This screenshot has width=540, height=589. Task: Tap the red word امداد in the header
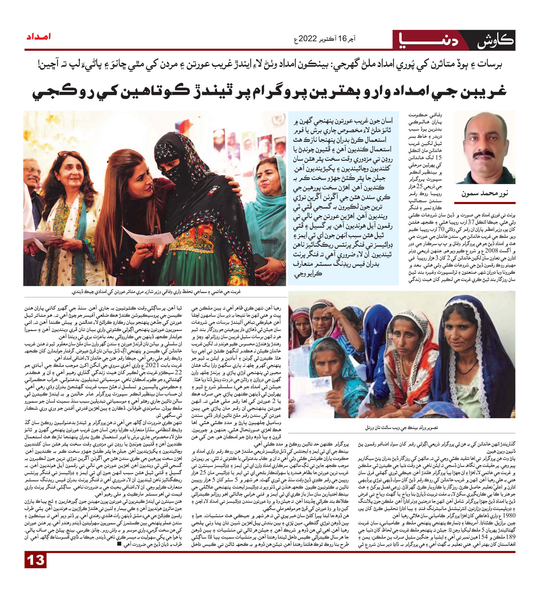(x=38, y=37)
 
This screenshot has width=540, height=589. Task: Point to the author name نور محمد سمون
(x=485, y=193)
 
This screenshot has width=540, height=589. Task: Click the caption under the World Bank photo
(x=401, y=428)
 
